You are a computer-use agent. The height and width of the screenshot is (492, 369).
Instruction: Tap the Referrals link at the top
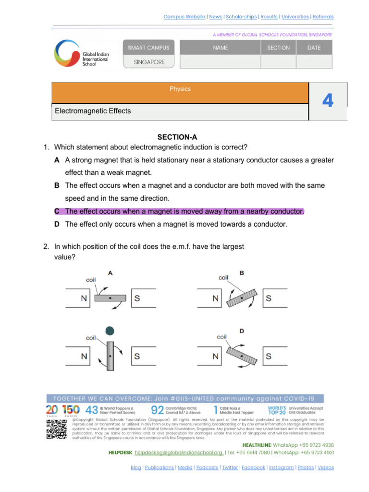click(x=323, y=17)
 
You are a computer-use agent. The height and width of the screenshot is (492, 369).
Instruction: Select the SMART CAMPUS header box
click(x=148, y=48)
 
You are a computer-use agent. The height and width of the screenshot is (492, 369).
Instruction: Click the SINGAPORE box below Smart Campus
click(x=148, y=62)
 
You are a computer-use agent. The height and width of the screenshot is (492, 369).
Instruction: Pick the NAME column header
click(x=220, y=48)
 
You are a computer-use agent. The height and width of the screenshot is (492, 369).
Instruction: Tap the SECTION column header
click(x=278, y=48)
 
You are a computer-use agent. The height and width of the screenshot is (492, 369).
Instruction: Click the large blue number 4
click(x=328, y=101)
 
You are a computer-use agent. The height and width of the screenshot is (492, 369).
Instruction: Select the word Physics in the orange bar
click(x=180, y=89)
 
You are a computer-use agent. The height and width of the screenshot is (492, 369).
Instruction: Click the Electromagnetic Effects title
click(x=93, y=111)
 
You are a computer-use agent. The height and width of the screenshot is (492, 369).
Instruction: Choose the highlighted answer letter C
click(x=57, y=211)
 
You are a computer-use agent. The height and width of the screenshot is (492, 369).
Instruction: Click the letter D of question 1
click(x=57, y=224)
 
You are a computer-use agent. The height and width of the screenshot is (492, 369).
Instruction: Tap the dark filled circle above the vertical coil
click(x=110, y=331)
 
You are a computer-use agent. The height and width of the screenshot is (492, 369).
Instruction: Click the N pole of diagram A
click(x=84, y=298)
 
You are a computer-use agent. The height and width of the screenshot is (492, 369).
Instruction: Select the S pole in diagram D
click(x=268, y=357)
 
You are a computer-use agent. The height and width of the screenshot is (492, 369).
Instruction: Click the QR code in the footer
click(x=56, y=429)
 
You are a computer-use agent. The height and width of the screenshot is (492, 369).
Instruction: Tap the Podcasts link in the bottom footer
click(x=207, y=467)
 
